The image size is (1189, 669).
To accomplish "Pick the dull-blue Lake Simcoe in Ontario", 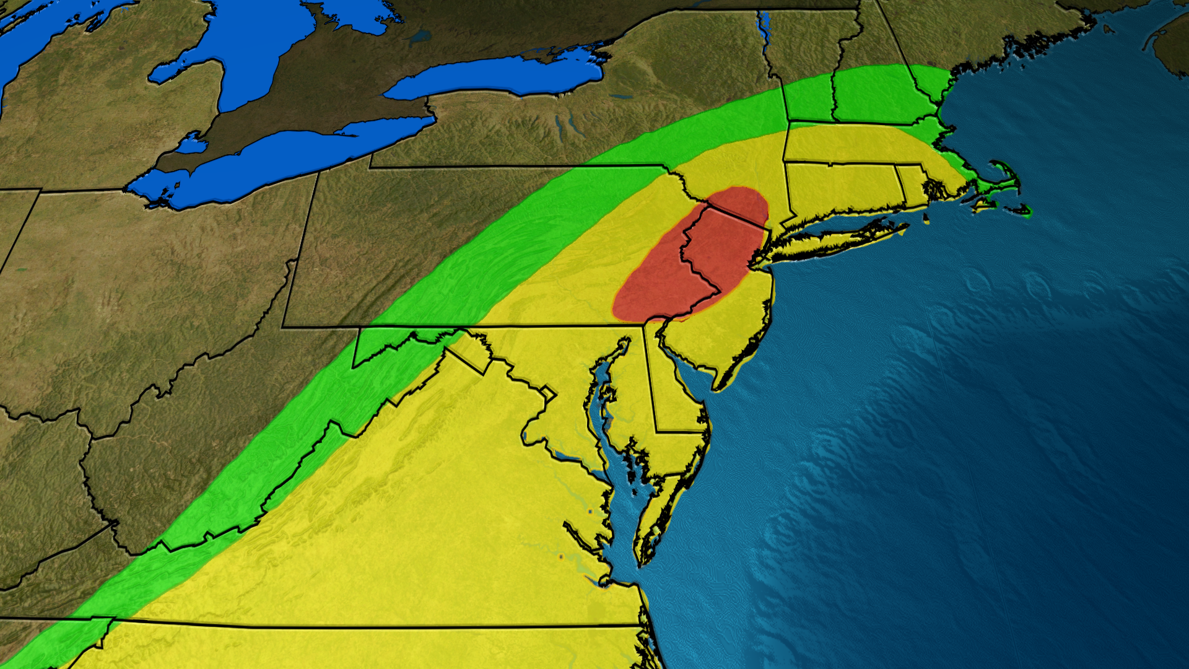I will click(x=420, y=37).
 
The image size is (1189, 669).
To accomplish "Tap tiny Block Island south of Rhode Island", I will click(x=927, y=218).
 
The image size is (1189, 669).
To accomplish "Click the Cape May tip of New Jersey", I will click(x=718, y=388).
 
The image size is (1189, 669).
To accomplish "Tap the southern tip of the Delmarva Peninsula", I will click(x=642, y=561).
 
